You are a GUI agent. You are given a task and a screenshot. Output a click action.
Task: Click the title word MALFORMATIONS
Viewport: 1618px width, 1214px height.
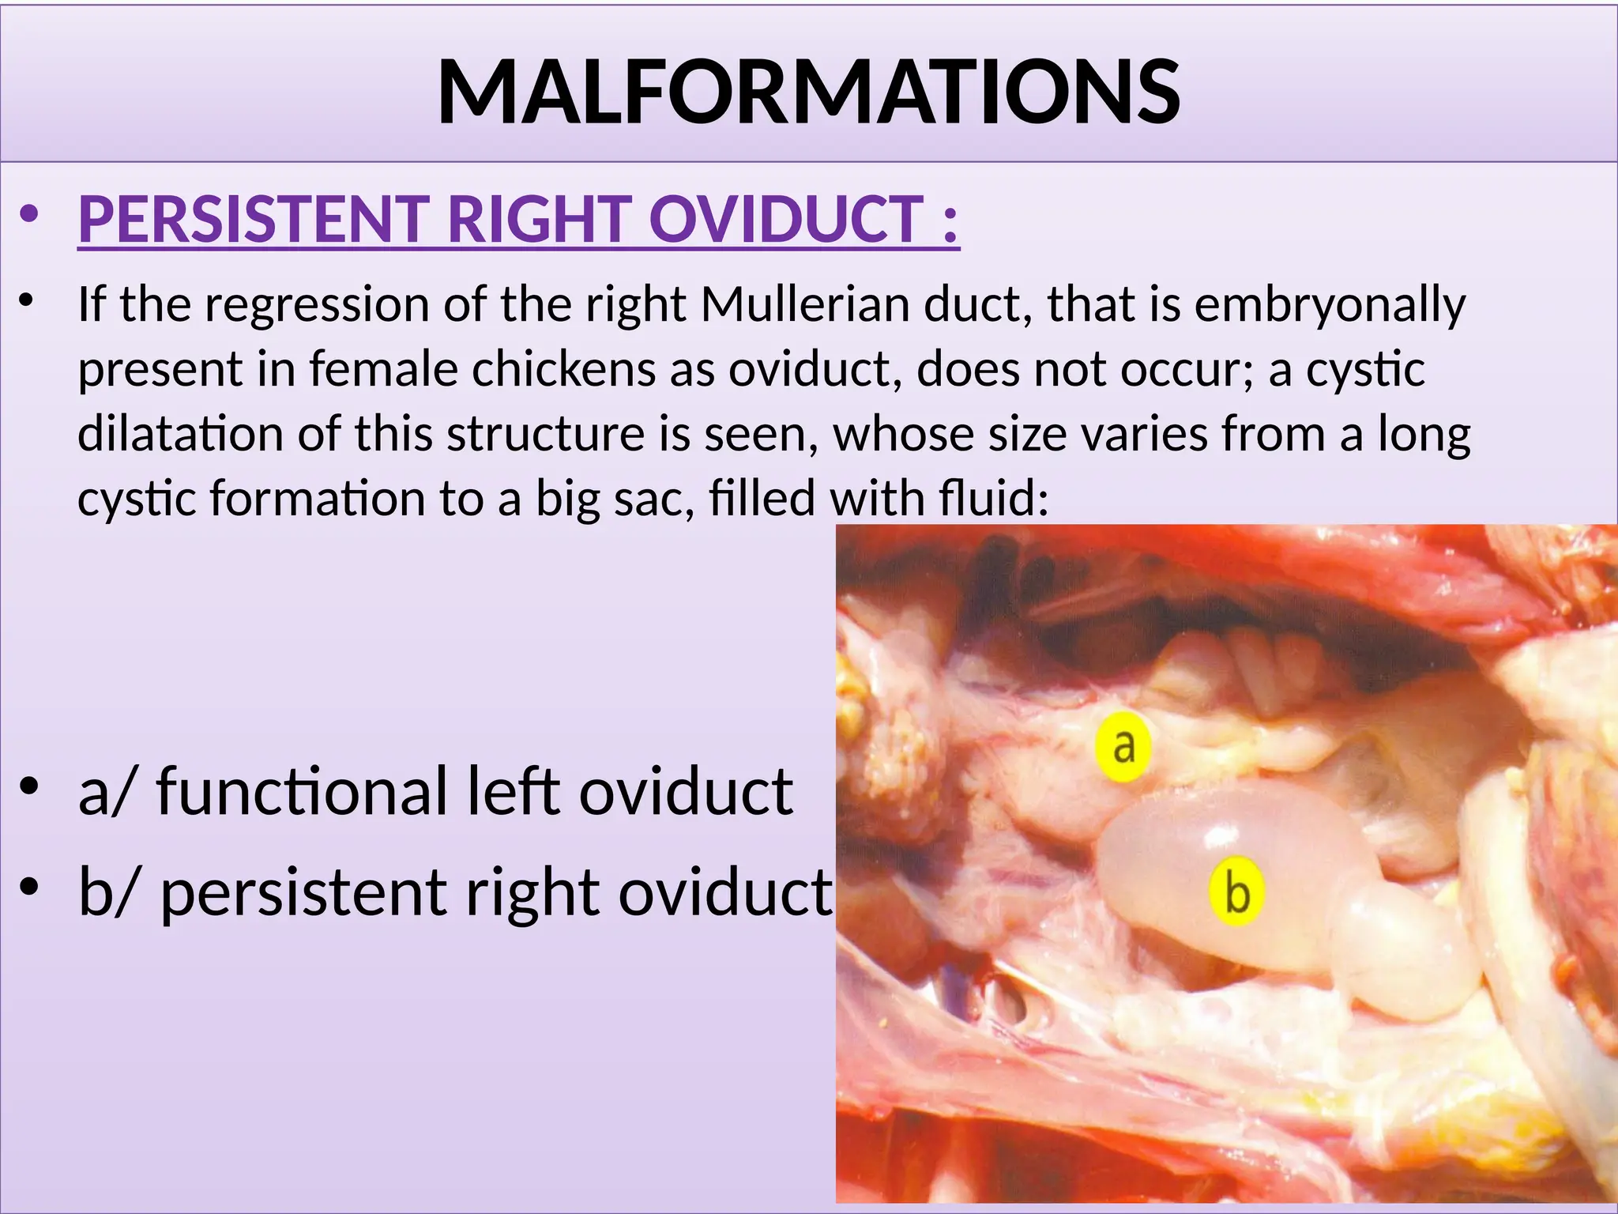point(808,92)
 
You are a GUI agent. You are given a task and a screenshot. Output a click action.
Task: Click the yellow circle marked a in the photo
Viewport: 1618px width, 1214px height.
point(1123,746)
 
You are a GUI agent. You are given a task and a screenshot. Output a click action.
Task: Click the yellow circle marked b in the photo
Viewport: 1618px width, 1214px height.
point(1236,892)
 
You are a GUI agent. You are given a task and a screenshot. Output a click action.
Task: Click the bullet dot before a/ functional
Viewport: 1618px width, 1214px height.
point(29,787)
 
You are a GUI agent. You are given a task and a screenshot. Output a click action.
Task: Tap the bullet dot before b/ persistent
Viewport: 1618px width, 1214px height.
point(29,888)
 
